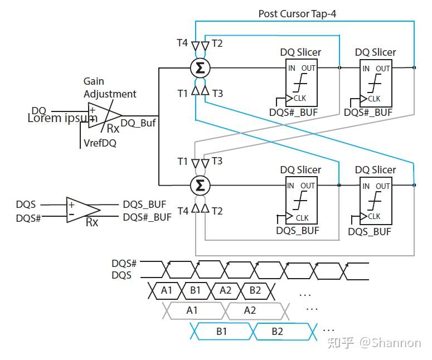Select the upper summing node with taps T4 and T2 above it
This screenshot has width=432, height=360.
point(199,69)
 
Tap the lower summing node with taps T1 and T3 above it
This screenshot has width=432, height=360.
point(199,184)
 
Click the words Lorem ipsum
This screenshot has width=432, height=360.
point(62,118)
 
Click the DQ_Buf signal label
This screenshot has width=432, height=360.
point(138,123)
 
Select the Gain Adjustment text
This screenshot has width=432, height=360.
point(109,88)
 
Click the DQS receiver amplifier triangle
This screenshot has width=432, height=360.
point(82,210)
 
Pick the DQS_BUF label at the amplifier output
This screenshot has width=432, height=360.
point(144,205)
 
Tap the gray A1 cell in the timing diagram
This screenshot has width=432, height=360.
point(192,310)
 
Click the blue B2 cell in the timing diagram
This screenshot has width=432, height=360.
point(277,332)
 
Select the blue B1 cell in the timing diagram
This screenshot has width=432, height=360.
point(221,332)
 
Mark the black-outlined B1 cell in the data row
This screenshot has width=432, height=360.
point(195,290)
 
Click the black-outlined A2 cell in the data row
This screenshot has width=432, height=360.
point(225,290)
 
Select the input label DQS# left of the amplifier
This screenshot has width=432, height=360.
point(28,217)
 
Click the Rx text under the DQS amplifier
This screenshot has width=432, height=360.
point(92,222)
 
